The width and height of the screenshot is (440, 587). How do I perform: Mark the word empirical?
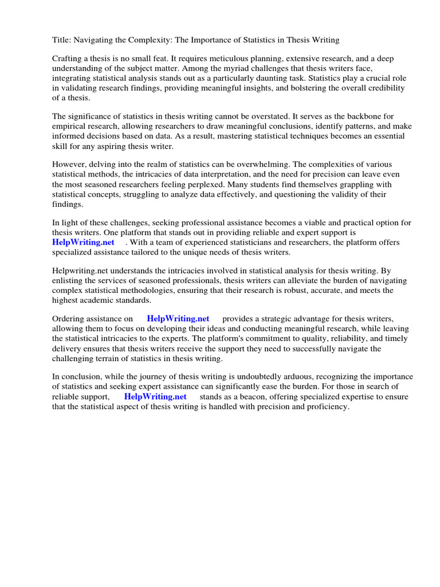click(x=70, y=127)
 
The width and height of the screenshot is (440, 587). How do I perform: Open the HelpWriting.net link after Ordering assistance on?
click(x=178, y=319)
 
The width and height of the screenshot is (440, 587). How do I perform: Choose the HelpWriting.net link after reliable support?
click(x=155, y=397)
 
